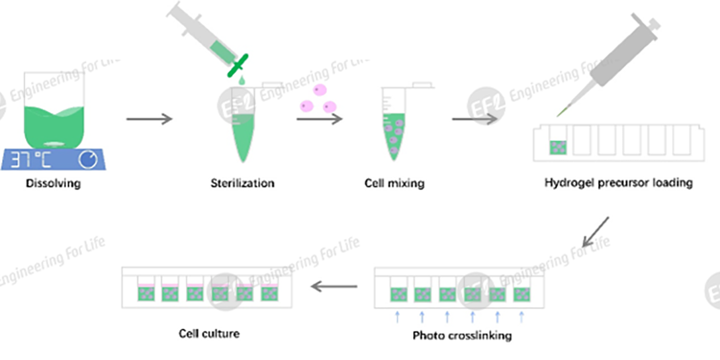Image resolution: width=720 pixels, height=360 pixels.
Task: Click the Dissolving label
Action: [x=53, y=183]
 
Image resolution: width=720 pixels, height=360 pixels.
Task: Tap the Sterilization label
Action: [x=242, y=183]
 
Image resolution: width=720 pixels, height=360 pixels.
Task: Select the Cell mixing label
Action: [x=396, y=183]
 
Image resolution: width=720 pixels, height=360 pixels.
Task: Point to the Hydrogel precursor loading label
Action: [x=618, y=183]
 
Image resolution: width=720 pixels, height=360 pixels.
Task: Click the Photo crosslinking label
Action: [x=462, y=336]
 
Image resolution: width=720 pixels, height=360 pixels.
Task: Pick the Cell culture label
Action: [x=209, y=333]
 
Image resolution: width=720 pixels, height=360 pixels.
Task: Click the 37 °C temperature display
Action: [x=33, y=159]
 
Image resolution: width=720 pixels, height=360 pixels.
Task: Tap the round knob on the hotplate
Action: [x=87, y=159]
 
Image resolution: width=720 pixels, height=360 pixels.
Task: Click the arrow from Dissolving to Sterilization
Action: [x=149, y=119]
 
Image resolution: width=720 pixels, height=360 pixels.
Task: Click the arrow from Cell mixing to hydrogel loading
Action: [x=474, y=119]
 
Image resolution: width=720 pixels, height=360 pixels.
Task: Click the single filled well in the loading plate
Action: [x=557, y=149]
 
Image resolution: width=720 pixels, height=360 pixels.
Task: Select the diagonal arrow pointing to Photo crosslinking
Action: [x=595, y=232]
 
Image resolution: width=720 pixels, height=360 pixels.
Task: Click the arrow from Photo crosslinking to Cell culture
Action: [x=334, y=287]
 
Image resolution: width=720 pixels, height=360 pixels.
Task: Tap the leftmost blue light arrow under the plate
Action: [x=397, y=316]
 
